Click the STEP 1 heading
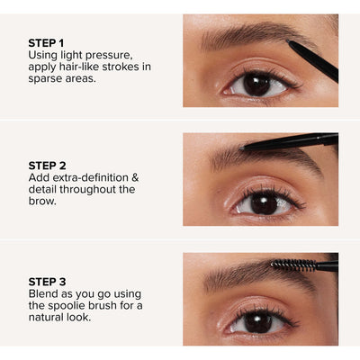click(47, 41)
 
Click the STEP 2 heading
click(47, 165)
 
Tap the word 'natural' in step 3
click(50, 321)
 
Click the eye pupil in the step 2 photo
click(263, 203)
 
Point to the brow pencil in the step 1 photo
click(313, 62)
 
